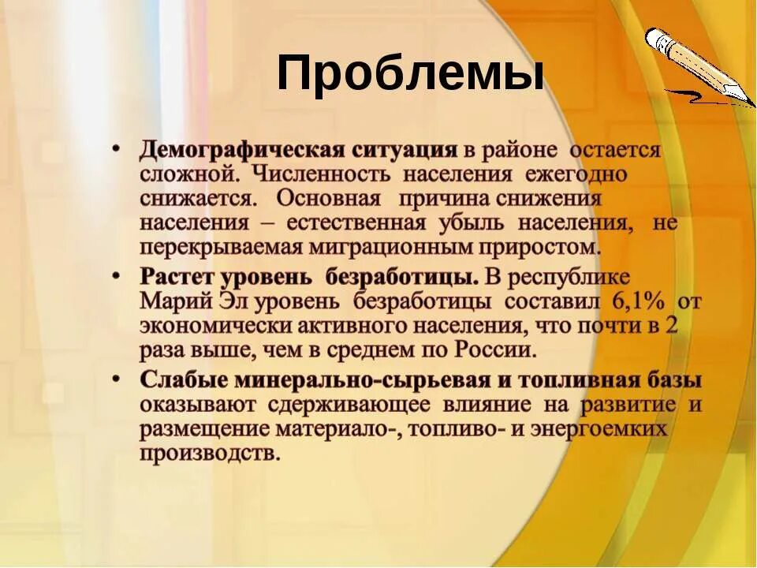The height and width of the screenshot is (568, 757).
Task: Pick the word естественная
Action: [356, 222]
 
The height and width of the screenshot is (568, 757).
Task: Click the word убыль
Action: [476, 222]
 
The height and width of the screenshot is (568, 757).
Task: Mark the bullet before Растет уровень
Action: [117, 276]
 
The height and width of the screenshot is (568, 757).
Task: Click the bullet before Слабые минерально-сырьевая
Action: [117, 379]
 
